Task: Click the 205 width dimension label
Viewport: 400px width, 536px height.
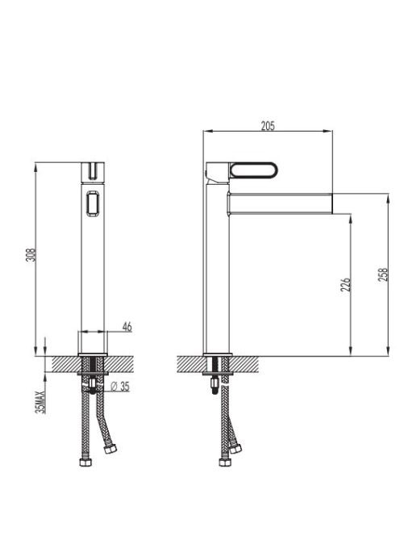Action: pos(268,126)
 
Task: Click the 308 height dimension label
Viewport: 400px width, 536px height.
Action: pos(31,255)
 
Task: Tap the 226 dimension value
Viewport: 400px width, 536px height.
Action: pos(346,284)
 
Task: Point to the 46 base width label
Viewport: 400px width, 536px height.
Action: pos(127,327)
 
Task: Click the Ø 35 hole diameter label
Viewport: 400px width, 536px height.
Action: pos(121,387)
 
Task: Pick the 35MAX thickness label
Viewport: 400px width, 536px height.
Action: pos(40,402)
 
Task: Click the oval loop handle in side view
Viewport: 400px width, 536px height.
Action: pos(254,170)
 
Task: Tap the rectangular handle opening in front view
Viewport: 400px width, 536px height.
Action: pos(93,203)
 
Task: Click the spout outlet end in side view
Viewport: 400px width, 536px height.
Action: pos(332,203)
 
